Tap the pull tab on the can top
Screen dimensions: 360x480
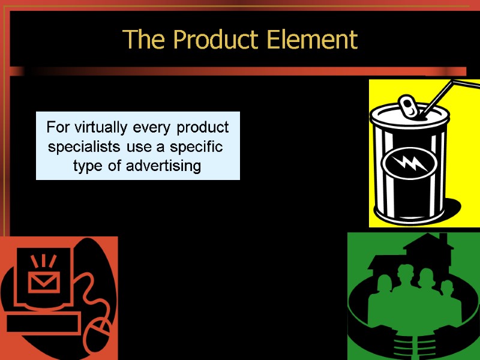pyautogui.click(x=409, y=107)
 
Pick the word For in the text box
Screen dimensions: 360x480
pyautogui.click(x=57, y=128)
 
